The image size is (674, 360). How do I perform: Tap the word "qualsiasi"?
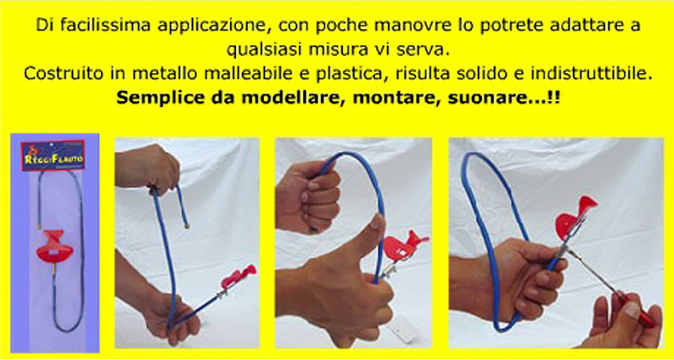(x=265, y=50)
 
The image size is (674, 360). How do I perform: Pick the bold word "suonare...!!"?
(x=504, y=98)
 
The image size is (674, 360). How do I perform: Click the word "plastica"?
(x=345, y=74)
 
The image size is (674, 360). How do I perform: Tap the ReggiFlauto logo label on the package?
(x=53, y=156)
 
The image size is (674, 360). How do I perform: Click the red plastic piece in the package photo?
(x=55, y=247)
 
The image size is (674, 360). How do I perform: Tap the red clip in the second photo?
(x=238, y=277)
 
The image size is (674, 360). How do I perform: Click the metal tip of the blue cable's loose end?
(x=187, y=225)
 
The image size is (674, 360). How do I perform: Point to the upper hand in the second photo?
(x=147, y=168)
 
